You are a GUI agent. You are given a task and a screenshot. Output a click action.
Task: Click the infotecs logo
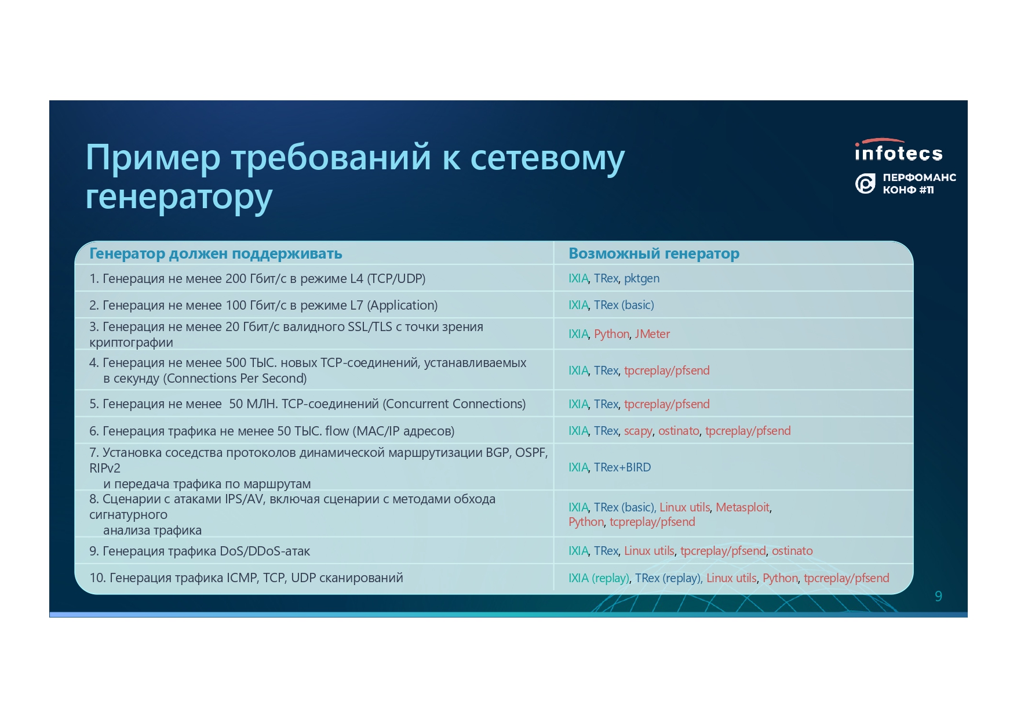click(x=899, y=150)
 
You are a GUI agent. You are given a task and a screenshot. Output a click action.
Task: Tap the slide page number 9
click(x=938, y=596)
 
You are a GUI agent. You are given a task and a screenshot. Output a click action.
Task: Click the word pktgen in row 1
click(x=641, y=279)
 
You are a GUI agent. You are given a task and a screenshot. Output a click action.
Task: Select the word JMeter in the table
click(x=652, y=334)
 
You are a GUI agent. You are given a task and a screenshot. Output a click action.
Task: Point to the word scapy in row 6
click(x=638, y=431)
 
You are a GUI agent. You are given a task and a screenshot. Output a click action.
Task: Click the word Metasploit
click(x=742, y=507)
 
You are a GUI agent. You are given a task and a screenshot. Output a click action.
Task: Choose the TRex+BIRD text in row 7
click(x=622, y=467)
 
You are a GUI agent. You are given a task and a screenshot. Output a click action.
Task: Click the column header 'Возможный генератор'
click(x=654, y=253)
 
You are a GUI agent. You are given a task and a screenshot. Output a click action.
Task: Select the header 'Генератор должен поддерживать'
click(x=216, y=253)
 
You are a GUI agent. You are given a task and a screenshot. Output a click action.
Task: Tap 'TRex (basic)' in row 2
click(x=624, y=306)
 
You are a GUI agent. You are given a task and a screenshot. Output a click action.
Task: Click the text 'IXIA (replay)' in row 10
click(x=599, y=578)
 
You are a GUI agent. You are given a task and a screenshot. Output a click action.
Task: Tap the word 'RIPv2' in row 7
click(x=105, y=469)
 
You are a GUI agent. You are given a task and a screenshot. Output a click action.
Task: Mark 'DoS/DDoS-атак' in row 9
click(x=265, y=551)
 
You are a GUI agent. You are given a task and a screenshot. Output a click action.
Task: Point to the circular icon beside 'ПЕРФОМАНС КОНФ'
click(x=865, y=184)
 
